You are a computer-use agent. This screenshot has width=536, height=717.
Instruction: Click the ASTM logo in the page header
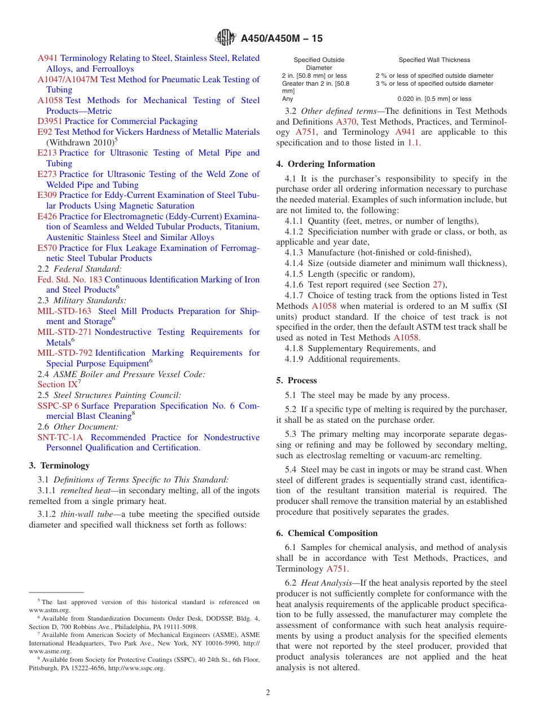pyautogui.click(x=226, y=38)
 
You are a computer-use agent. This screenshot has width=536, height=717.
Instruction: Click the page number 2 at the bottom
pyautogui.click(x=268, y=693)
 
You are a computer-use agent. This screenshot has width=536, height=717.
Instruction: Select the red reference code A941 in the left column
pyautogui.click(x=47, y=58)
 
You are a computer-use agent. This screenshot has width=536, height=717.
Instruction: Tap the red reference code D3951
pyautogui.click(x=50, y=121)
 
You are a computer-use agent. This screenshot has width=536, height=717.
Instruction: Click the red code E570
pyautogui.click(x=47, y=248)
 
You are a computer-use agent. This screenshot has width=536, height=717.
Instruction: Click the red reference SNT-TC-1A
pyautogui.click(x=60, y=437)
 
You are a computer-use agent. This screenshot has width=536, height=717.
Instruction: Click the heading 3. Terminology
pyautogui.click(x=59, y=466)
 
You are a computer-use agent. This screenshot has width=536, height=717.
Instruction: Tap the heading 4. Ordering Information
pyautogui.click(x=326, y=164)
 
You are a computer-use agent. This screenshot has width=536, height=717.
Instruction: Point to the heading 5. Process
pyautogui.click(x=297, y=380)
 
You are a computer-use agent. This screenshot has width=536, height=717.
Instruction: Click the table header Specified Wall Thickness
pyautogui.click(x=434, y=60)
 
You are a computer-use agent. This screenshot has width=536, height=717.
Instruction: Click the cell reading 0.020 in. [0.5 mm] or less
pyautogui.click(x=434, y=99)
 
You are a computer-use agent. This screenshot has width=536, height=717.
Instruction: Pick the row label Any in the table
pyautogui.click(x=287, y=99)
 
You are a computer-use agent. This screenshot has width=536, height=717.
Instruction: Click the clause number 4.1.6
pyautogui.click(x=293, y=285)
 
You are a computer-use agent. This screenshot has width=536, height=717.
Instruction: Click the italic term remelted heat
pyautogui.click(x=84, y=490)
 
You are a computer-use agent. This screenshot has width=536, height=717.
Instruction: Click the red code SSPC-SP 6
pyautogui.click(x=58, y=406)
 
